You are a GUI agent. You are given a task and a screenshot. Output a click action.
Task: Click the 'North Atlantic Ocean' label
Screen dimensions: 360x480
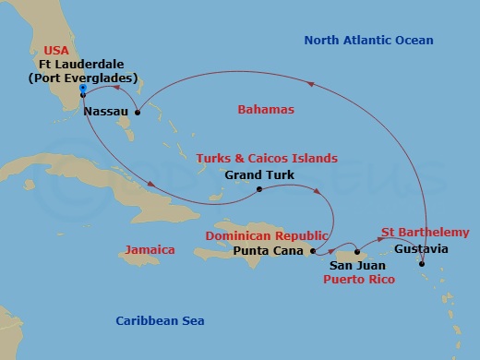point(369,40)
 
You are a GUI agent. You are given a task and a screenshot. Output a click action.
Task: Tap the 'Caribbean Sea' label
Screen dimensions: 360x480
point(160,320)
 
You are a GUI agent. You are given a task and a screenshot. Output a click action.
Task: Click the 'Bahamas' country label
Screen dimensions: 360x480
point(266,110)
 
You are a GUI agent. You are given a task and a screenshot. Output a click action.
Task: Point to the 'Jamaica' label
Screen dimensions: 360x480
point(148,249)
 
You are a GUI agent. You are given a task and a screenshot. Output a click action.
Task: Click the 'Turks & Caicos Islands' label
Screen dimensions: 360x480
point(267,158)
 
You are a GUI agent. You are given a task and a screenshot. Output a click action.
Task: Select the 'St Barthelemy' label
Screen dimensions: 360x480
point(425,232)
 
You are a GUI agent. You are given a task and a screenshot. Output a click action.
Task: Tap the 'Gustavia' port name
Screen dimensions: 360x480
point(421,249)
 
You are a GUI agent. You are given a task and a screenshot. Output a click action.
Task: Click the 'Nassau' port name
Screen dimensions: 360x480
point(104,111)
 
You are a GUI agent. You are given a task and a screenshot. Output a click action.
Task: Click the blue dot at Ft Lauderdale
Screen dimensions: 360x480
point(82,88)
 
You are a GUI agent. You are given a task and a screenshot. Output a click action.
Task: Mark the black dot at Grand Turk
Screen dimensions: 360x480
point(259,189)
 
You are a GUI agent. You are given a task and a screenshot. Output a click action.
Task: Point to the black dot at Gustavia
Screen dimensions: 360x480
point(422,265)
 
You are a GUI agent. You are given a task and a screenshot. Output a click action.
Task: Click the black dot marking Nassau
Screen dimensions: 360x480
point(137,113)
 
